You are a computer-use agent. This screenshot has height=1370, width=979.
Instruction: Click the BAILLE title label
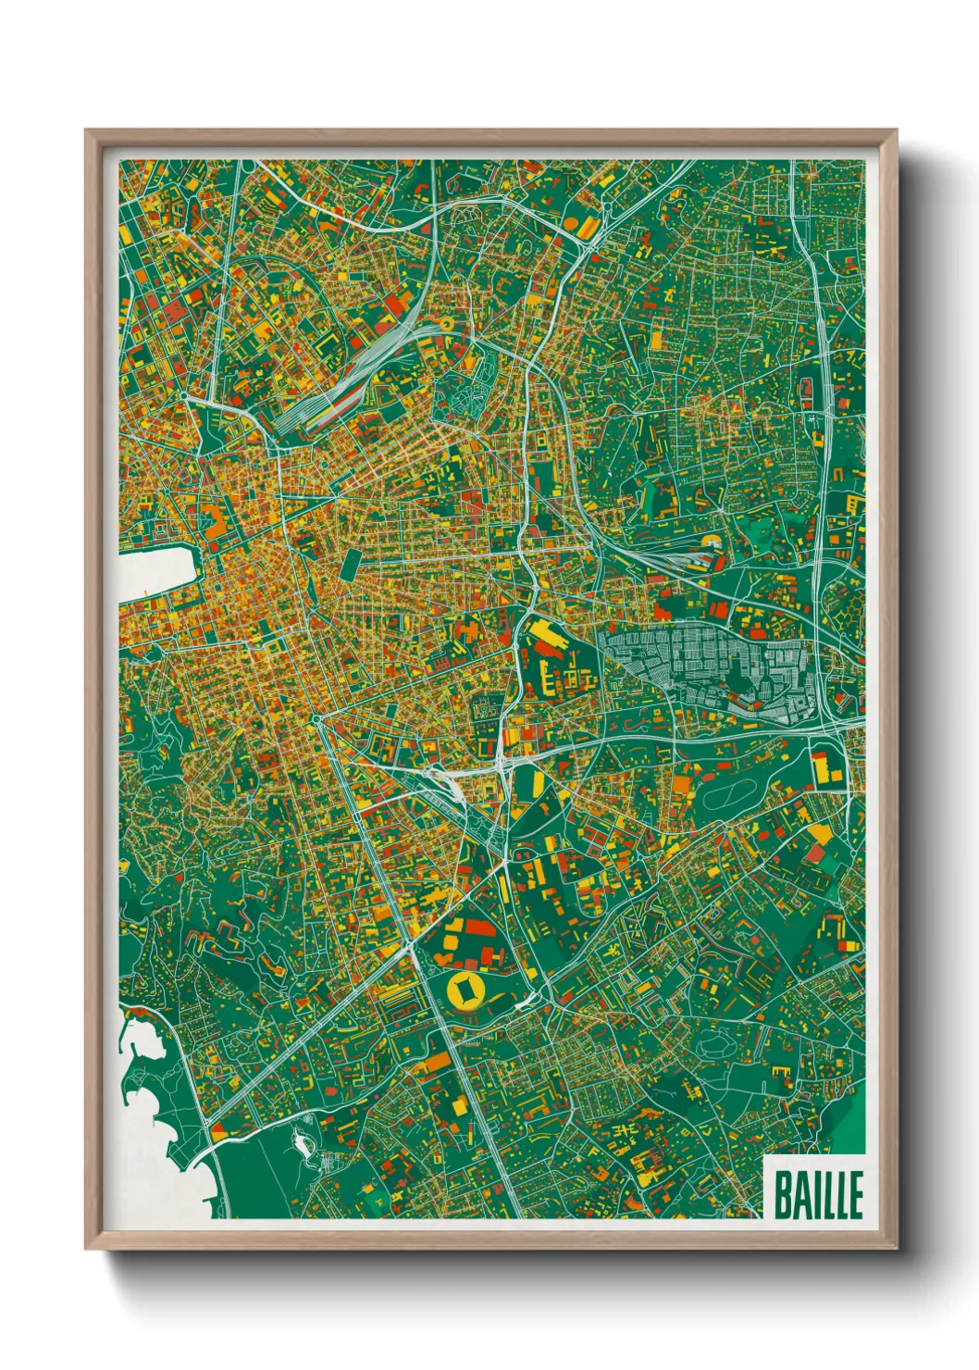(817, 1194)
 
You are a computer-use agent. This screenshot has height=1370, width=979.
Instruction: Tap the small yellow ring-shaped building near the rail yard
(446, 324)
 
